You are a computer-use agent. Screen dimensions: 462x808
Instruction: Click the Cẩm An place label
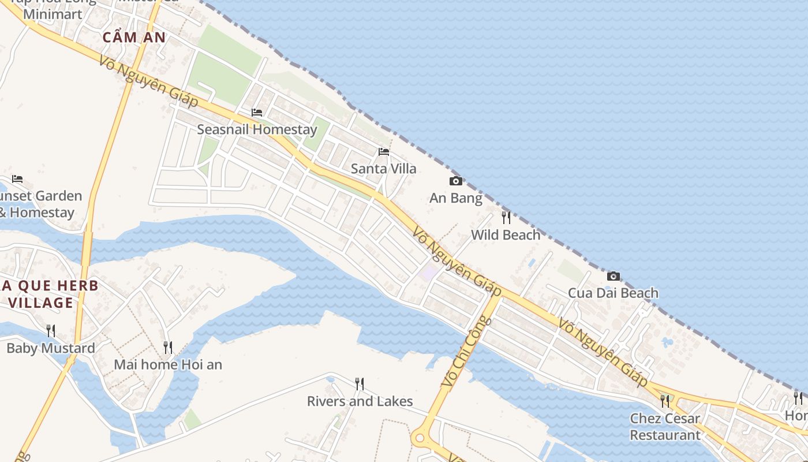coord(134,38)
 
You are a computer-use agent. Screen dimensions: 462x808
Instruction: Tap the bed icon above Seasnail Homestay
coord(257,112)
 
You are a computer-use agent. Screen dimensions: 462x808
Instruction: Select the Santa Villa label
coord(383,169)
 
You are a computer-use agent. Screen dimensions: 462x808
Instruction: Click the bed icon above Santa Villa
coord(383,152)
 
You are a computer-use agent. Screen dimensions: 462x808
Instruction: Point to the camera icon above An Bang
coord(455,181)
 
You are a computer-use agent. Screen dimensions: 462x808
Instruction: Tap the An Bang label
coord(455,198)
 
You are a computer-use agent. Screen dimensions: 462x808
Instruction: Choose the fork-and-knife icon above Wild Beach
coord(506,218)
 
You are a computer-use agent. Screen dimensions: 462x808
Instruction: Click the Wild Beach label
coord(506,234)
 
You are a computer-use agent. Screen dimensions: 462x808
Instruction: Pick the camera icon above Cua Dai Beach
coord(613,276)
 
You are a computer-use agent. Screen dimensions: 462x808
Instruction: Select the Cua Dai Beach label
coord(613,293)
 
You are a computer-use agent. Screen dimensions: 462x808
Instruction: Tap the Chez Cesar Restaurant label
coord(665,426)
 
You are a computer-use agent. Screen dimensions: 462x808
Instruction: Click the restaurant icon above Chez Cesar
coord(665,401)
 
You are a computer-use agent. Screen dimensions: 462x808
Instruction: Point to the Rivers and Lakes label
coord(360,401)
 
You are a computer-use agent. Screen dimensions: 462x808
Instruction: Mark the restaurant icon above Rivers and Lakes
coord(360,384)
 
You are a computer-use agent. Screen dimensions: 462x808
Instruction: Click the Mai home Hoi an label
coord(168,364)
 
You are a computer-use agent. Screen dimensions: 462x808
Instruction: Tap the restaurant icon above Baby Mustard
coord(51,331)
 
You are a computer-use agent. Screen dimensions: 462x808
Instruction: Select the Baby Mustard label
coord(51,348)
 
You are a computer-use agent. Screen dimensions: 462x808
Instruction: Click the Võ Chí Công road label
coord(466,352)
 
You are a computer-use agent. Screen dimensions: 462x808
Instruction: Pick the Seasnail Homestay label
coord(257,129)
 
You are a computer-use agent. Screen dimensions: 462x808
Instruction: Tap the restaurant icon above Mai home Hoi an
coord(168,348)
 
